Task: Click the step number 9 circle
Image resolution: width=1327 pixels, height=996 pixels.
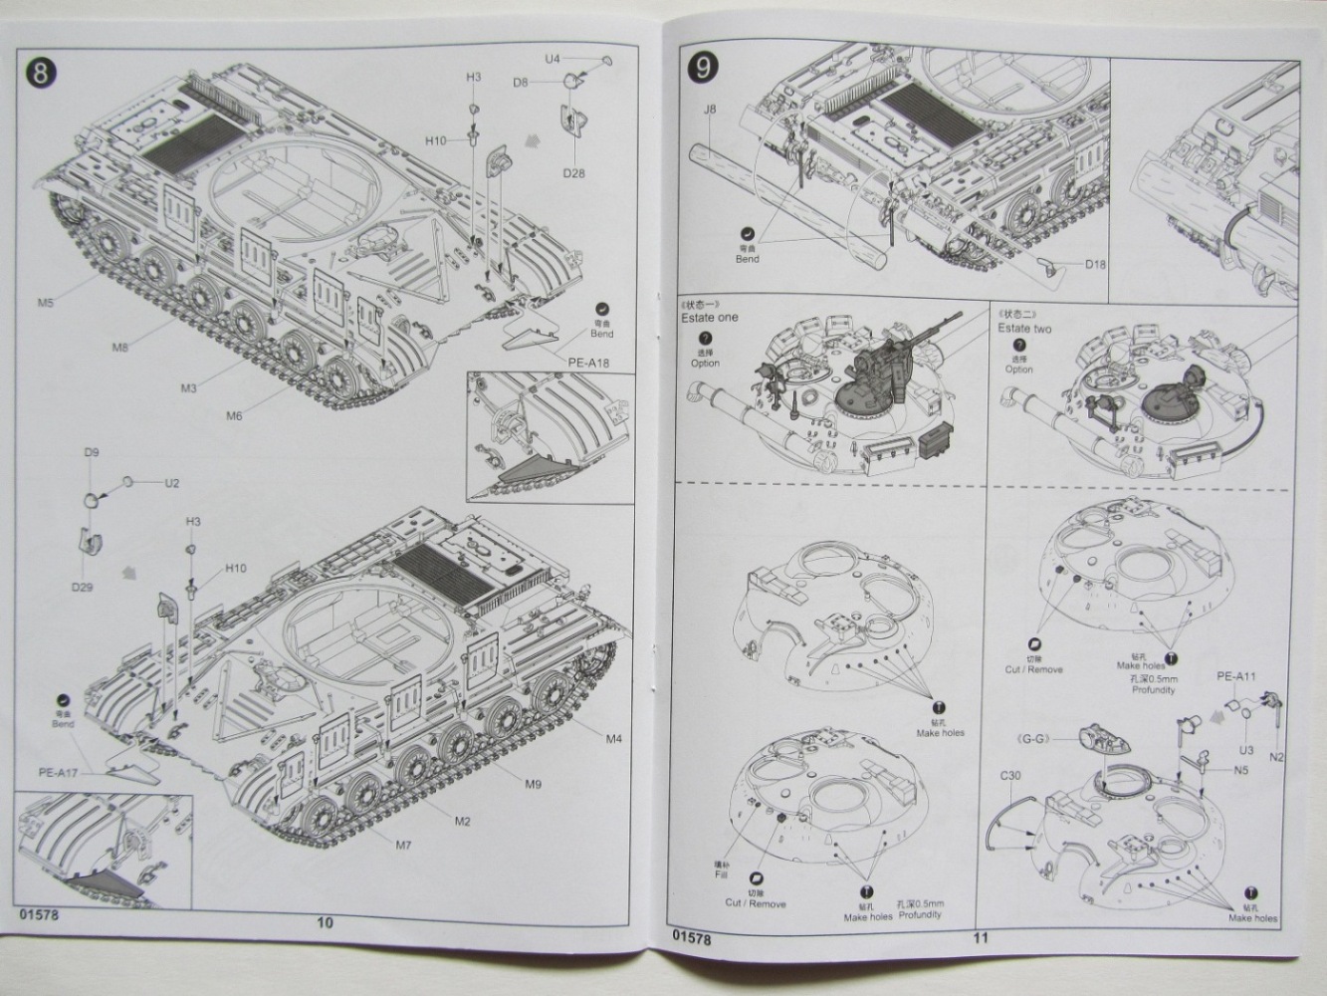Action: click(703, 69)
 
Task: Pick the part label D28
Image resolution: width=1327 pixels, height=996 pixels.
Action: click(572, 173)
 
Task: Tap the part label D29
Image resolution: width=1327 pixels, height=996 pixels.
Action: click(83, 587)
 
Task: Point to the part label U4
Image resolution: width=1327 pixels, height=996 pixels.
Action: click(553, 60)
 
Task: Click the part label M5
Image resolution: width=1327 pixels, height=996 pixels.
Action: click(47, 302)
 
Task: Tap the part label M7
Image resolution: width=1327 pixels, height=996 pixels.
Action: click(403, 846)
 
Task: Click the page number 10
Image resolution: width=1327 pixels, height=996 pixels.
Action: click(325, 921)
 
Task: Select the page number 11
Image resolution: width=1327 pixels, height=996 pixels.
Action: click(982, 936)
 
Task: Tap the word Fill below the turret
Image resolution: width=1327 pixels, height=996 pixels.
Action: click(722, 875)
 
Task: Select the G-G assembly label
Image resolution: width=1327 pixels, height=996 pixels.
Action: click(1059, 737)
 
